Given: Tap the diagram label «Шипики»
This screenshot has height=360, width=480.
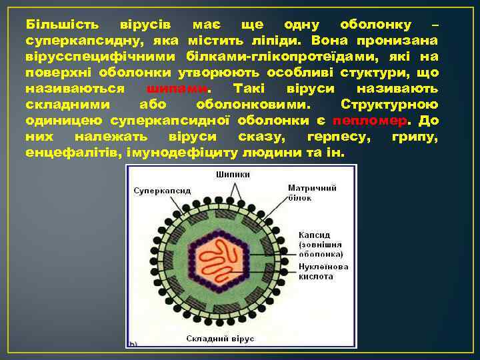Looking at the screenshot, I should (233, 175).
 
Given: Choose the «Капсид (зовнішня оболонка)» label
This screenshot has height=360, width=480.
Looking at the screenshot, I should (321, 245).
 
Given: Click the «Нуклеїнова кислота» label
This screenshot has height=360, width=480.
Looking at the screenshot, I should (323, 271).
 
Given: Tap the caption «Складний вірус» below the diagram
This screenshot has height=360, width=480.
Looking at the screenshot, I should (219, 339).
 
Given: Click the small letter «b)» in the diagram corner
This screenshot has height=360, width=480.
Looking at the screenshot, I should (133, 344).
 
